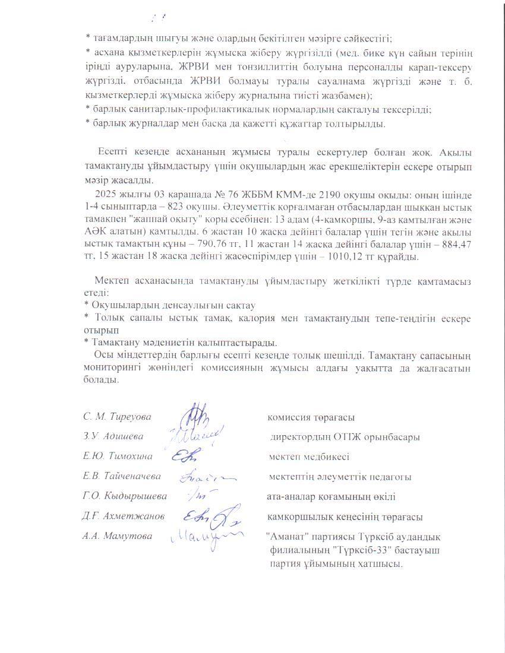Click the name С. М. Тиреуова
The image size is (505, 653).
[117, 417]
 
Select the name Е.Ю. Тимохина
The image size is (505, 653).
[118, 457]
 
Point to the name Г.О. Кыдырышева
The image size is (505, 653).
[125, 496]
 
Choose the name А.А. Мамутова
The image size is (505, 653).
[117, 536]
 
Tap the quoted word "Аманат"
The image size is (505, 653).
[286, 537]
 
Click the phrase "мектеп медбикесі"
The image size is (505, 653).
[309, 457]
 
